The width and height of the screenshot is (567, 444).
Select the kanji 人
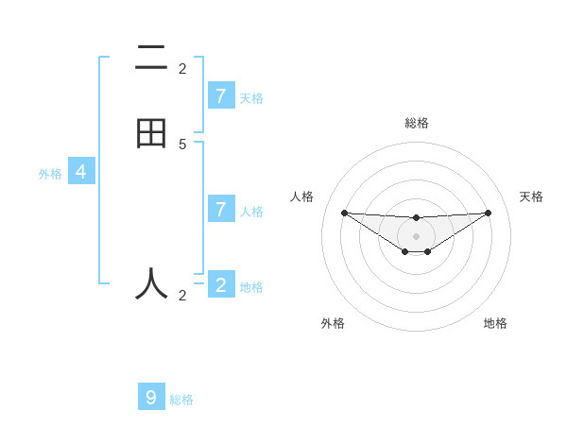pos(151,282)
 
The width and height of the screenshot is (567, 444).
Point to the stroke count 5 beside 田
pos(182,144)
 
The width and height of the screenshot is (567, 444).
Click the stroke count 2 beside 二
pos(182,69)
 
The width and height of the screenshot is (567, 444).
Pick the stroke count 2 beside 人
pos(182,296)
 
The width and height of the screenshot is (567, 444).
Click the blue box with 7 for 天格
pos(221,95)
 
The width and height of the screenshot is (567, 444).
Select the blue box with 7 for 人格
pos(221,209)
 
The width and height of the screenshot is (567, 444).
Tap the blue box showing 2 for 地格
pos(221,284)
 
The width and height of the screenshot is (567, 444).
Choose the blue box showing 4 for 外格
pos(81,172)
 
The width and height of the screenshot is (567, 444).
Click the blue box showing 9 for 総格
pos(151,397)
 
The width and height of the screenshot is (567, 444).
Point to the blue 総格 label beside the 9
pos(181,400)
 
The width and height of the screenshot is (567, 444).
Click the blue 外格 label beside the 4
pos(50,174)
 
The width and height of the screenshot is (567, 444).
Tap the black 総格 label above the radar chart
pos(416,123)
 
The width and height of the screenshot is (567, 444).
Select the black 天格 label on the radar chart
pos(531,196)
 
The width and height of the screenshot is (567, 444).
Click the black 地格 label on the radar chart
pos(495,323)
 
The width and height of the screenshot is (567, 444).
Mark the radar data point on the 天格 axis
pos(488,213)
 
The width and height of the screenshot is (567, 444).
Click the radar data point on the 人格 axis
pos(344,213)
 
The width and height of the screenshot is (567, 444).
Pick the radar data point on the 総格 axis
pos(416,218)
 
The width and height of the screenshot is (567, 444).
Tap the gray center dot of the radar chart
pos(416,236)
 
